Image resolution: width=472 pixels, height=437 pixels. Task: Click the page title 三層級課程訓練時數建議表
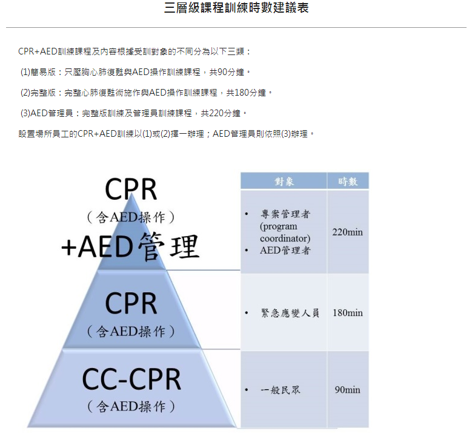(x=236, y=7)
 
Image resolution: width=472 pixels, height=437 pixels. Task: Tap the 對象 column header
(x=284, y=181)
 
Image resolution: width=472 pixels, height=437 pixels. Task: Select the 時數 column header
(x=348, y=181)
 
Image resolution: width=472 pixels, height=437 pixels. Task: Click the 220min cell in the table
(x=347, y=232)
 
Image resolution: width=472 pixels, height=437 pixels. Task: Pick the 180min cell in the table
(x=348, y=313)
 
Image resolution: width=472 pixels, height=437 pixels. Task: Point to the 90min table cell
(x=347, y=390)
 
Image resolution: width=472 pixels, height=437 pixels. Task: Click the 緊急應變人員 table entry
(x=290, y=313)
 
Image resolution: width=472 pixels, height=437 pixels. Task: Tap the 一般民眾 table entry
(x=281, y=390)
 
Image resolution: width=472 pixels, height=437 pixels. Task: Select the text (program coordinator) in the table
(x=285, y=232)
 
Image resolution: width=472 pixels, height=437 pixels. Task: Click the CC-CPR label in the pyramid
(x=131, y=379)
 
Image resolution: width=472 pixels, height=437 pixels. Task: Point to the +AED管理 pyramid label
(x=130, y=247)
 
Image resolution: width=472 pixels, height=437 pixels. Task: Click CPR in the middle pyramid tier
(x=131, y=303)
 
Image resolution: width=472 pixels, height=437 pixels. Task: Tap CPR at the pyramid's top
(x=131, y=189)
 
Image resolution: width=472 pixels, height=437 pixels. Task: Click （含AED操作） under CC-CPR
(x=131, y=406)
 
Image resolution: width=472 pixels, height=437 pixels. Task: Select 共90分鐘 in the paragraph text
(x=227, y=72)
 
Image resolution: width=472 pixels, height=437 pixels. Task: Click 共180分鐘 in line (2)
(x=246, y=93)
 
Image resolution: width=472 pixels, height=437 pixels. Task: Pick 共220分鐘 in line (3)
(x=221, y=113)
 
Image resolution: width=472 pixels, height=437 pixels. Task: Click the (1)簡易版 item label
(x=38, y=72)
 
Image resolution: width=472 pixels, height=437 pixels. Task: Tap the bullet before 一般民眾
(x=247, y=390)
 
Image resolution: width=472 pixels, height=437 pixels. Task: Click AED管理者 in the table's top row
(x=285, y=250)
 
